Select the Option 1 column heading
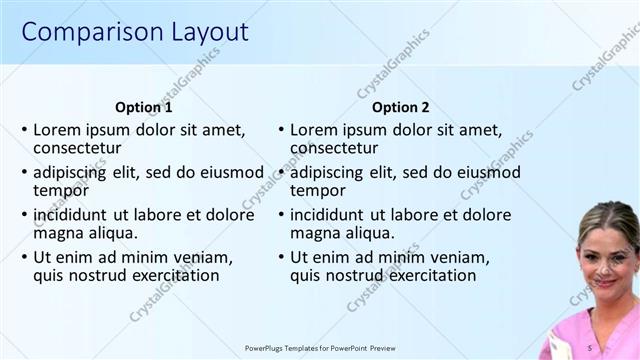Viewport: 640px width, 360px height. point(144,107)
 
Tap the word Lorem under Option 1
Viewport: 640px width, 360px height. point(58,129)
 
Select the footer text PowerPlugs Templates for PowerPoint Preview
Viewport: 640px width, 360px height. point(322,348)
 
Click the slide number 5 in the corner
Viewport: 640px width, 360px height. point(590,347)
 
